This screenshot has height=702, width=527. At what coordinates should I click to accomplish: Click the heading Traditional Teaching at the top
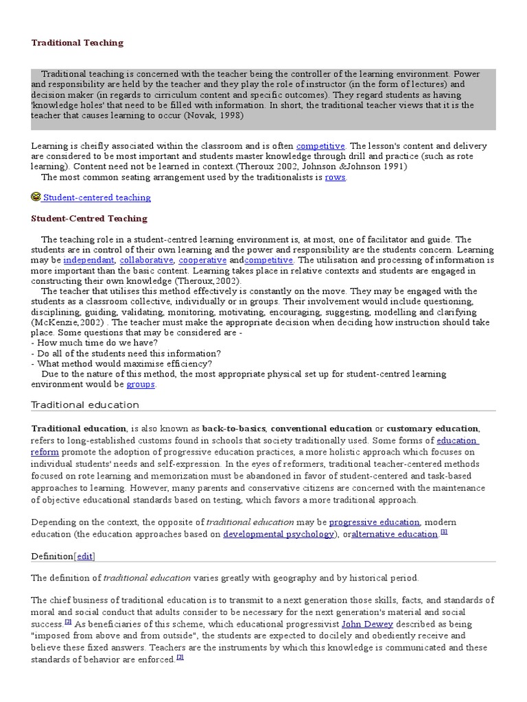coord(77,43)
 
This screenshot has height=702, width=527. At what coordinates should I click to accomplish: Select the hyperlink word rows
coord(336,177)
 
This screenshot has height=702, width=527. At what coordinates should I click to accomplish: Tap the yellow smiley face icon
coord(36,197)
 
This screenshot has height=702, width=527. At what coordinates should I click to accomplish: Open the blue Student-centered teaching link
coord(96,197)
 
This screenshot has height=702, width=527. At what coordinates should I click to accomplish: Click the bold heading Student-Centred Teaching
coord(89,219)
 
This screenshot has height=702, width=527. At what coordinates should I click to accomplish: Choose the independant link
coord(89,261)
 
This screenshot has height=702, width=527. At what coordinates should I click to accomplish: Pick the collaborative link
coord(147,261)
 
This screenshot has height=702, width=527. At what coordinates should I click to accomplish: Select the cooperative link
coord(202,261)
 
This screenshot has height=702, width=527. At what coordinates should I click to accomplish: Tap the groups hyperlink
coord(141,385)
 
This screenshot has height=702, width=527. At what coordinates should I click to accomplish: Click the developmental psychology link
coord(279,534)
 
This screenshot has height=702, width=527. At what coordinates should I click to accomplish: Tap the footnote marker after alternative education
coord(444,532)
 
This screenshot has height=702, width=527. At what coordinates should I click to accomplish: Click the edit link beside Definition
coord(85,556)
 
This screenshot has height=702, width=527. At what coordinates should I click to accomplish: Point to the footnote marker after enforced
coord(180,657)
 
